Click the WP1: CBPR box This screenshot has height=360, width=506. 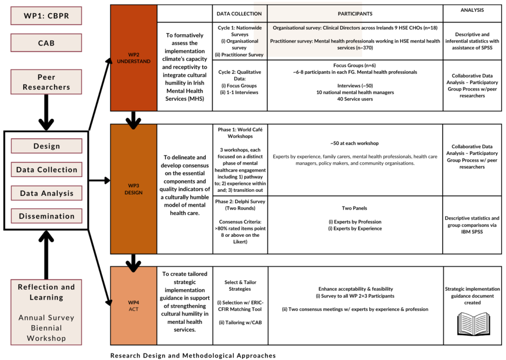pyautogui.click(x=46, y=16)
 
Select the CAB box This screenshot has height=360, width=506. pyautogui.click(x=46, y=43)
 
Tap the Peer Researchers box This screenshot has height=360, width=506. pyautogui.click(x=46, y=82)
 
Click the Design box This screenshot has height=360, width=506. pyautogui.click(x=46, y=146)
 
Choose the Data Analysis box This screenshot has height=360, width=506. pyautogui.click(x=46, y=193)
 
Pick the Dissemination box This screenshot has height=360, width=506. pyautogui.click(x=46, y=216)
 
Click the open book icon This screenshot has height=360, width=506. pyautogui.click(x=473, y=324)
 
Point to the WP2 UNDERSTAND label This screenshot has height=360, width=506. pyautogui.click(x=133, y=58)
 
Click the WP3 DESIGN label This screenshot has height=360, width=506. pyautogui.click(x=133, y=189)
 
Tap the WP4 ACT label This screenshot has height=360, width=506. pyautogui.click(x=133, y=306)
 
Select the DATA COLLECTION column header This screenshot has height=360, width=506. pyautogui.click(x=239, y=13)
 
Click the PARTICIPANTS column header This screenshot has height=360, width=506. pyautogui.click(x=355, y=13)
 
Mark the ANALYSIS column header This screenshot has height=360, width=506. pyautogui.click(x=472, y=10)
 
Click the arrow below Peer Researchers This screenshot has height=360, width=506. pyautogui.click(x=46, y=112)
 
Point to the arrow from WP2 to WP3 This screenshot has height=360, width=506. pyautogui.click(x=133, y=121)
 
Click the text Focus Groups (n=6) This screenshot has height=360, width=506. pyautogui.click(x=355, y=65)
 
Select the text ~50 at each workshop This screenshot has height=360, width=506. pyautogui.click(x=355, y=143)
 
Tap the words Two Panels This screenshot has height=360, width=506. pyautogui.click(x=354, y=208)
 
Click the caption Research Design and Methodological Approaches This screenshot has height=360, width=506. pyautogui.click(x=193, y=356)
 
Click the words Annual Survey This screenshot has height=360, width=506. pyautogui.click(x=46, y=317)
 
